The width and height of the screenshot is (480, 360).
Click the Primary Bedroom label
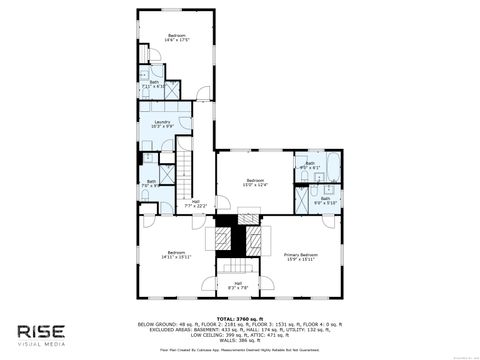click(300, 257)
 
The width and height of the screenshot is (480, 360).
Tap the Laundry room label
click(162, 123)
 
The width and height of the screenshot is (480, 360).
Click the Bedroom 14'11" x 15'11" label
click(176, 253)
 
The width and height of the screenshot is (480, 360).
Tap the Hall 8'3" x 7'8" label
click(237, 286)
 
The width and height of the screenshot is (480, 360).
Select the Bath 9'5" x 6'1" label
click(310, 165)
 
